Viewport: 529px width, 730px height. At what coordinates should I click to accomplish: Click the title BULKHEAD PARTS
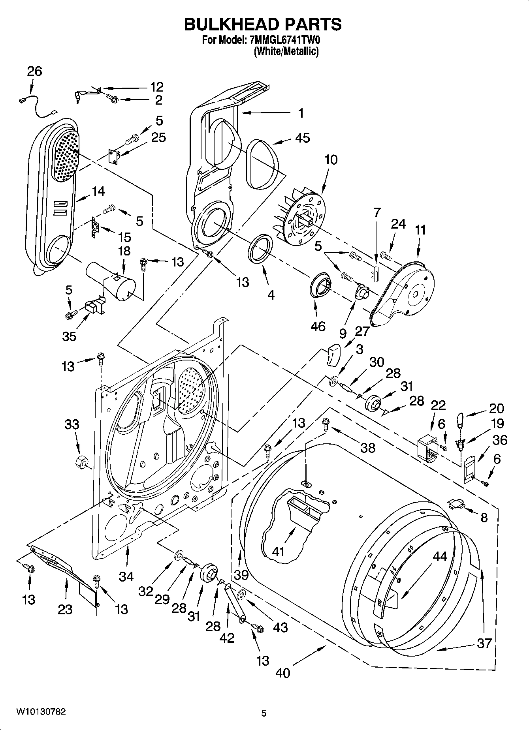click(x=263, y=24)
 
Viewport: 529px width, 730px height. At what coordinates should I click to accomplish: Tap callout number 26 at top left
click(x=34, y=71)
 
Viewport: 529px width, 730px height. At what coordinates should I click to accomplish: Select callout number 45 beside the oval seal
click(x=302, y=138)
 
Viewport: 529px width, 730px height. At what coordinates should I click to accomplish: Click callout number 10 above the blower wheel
click(x=331, y=160)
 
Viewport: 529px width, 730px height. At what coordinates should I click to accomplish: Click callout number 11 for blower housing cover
click(x=420, y=230)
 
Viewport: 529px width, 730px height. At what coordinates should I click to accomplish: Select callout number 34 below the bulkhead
click(x=126, y=576)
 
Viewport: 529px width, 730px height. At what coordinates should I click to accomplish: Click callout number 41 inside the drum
click(x=279, y=551)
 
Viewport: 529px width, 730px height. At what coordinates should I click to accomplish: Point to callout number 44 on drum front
click(x=439, y=557)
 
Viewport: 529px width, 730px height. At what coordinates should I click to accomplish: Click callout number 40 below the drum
click(x=283, y=672)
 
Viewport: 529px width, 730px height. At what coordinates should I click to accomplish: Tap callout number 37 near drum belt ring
click(x=484, y=643)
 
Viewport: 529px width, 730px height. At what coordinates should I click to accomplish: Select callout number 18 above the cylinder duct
click(x=124, y=251)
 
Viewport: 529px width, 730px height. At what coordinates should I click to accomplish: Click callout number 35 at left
click(x=69, y=336)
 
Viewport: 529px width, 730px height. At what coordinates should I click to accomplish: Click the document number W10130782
click(x=41, y=711)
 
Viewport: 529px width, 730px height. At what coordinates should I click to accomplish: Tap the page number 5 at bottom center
click(x=264, y=713)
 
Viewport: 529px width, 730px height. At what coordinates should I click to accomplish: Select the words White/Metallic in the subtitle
click(x=286, y=51)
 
